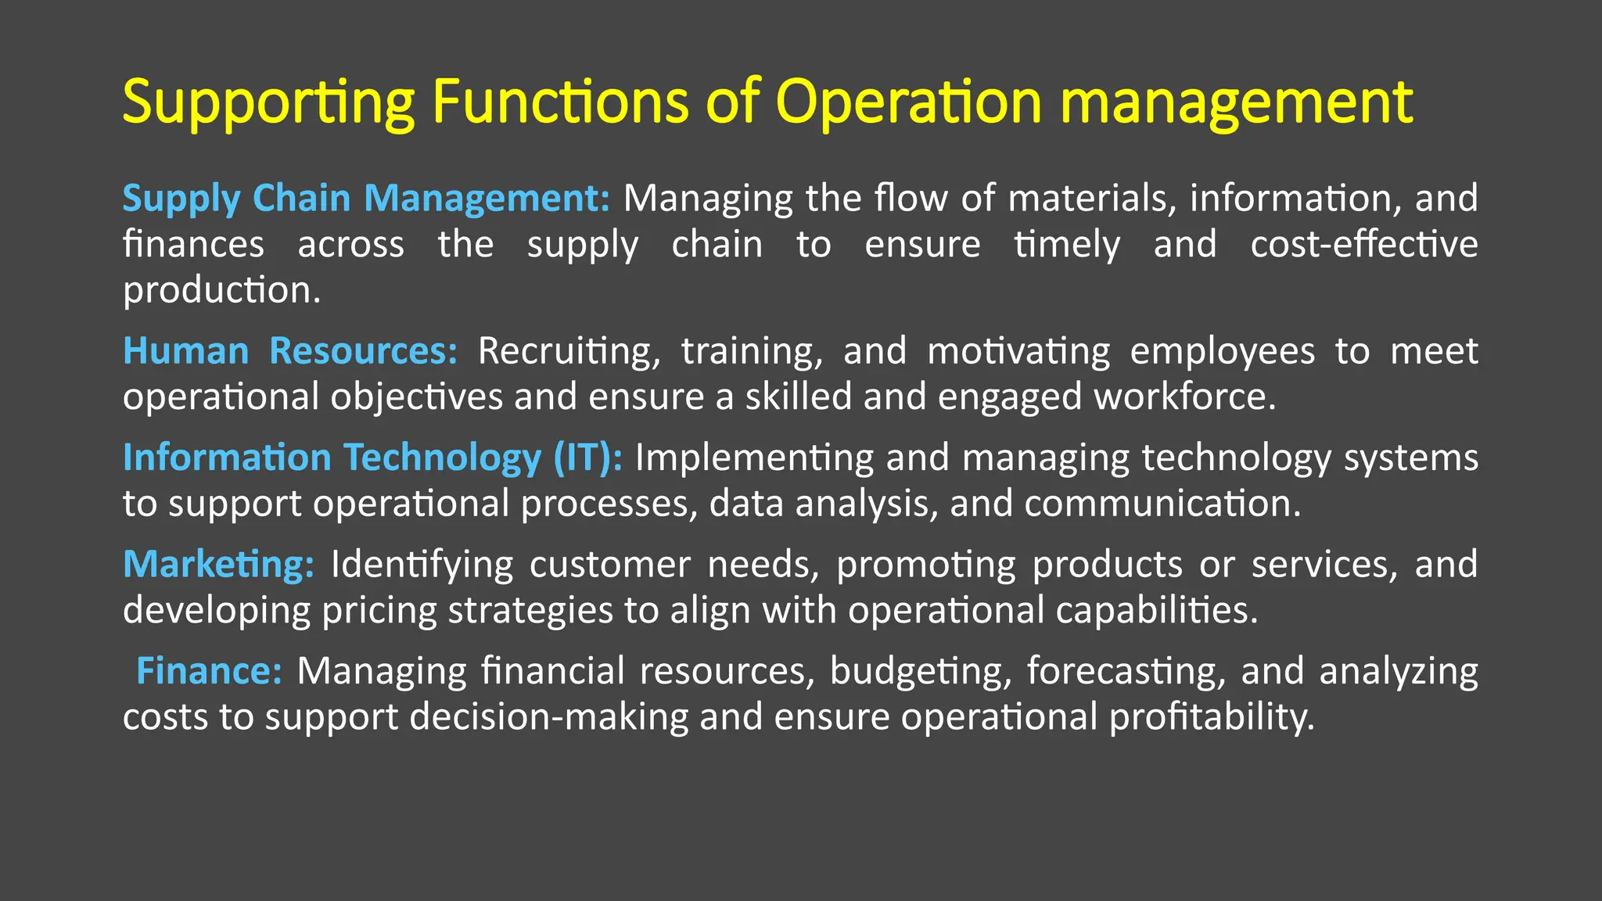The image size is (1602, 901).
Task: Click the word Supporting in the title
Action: pyautogui.click(x=268, y=102)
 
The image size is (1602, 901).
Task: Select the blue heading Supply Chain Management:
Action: pyautogui.click(x=365, y=198)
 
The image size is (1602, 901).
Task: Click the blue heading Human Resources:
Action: pyautogui.click(x=290, y=350)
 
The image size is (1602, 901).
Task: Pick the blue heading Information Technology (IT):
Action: pyautogui.click(x=372, y=458)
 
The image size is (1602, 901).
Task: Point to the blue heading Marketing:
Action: pyautogui.click(x=218, y=564)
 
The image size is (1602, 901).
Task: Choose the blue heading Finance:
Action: pyautogui.click(x=209, y=671)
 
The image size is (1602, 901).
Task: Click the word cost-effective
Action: pyautogui.click(x=1363, y=244)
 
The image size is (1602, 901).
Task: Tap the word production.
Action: pyautogui.click(x=221, y=290)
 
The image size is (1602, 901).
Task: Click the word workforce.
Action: pyautogui.click(x=1184, y=397)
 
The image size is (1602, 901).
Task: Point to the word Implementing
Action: pyautogui.click(x=753, y=458)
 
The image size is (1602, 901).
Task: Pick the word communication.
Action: pyautogui.click(x=1162, y=503)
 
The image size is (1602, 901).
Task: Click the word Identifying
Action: pyautogui.click(x=422, y=564)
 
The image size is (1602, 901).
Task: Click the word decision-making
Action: pyautogui.click(x=548, y=716)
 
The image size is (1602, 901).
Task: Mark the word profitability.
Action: pyautogui.click(x=1212, y=716)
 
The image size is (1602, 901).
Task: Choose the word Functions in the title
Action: pyautogui.click(x=560, y=102)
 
